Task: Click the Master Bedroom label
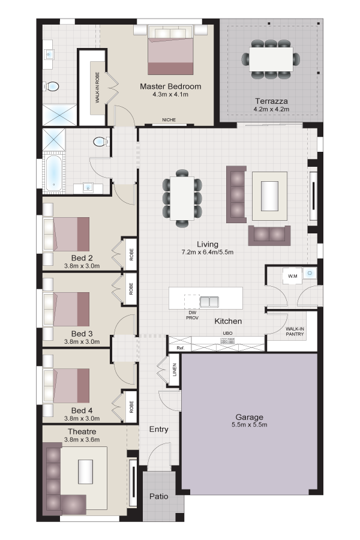click(x=170, y=86)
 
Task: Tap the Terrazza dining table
click(x=271, y=59)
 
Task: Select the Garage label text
click(x=250, y=418)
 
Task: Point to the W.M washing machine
click(x=292, y=276)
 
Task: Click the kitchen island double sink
click(x=209, y=302)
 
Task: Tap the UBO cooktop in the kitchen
click(x=227, y=341)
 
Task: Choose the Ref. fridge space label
click(x=181, y=348)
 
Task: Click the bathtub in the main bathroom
click(x=54, y=173)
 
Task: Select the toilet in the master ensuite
click(x=52, y=86)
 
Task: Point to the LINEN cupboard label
click(x=175, y=370)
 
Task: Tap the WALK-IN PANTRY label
click(x=295, y=331)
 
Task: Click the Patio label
click(x=159, y=496)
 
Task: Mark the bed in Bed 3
click(x=67, y=309)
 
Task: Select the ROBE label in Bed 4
click(x=131, y=407)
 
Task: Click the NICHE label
click(x=169, y=120)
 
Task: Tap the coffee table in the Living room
click(x=270, y=196)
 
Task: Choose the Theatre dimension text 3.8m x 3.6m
click(x=82, y=439)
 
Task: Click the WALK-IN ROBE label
click(x=97, y=88)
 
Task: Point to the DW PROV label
click(x=192, y=315)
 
